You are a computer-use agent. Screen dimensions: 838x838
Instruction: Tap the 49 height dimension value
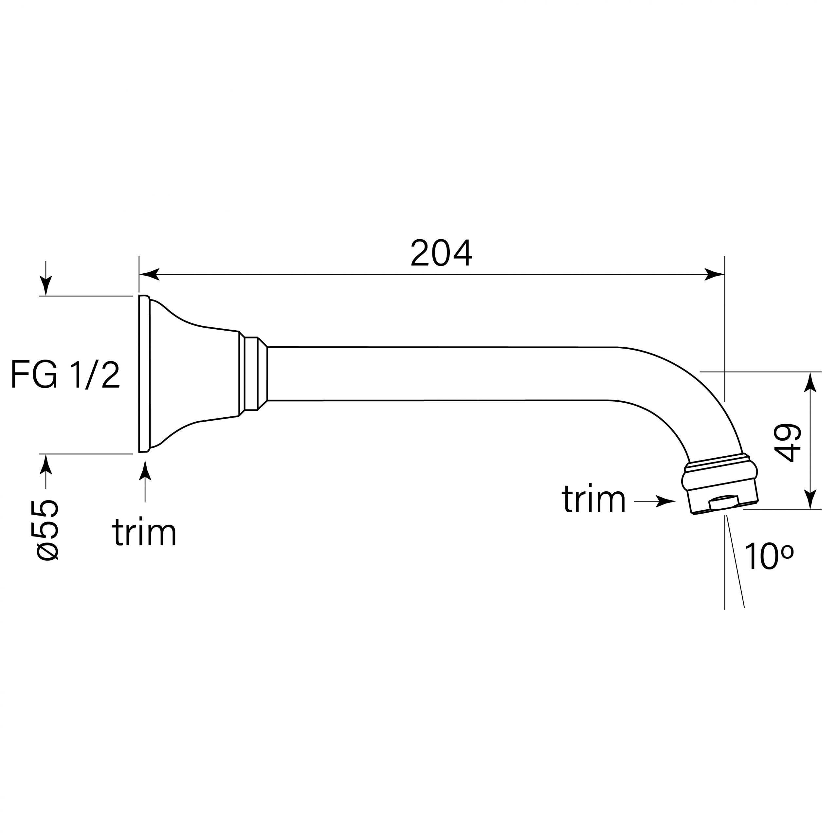tap(787, 443)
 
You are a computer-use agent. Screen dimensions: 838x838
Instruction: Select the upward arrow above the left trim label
tap(145, 471)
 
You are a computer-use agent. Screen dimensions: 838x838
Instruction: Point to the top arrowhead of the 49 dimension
tap(810, 383)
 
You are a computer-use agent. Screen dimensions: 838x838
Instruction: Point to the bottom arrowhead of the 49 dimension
tap(810, 499)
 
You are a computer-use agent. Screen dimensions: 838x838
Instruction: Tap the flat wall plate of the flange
tap(144, 374)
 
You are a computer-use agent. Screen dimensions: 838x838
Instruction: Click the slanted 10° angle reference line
tap(736, 564)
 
